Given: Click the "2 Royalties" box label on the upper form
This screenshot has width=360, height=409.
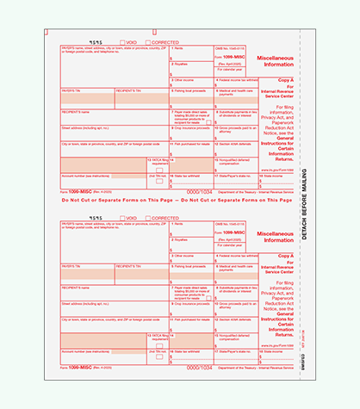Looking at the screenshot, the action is click(181, 64).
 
